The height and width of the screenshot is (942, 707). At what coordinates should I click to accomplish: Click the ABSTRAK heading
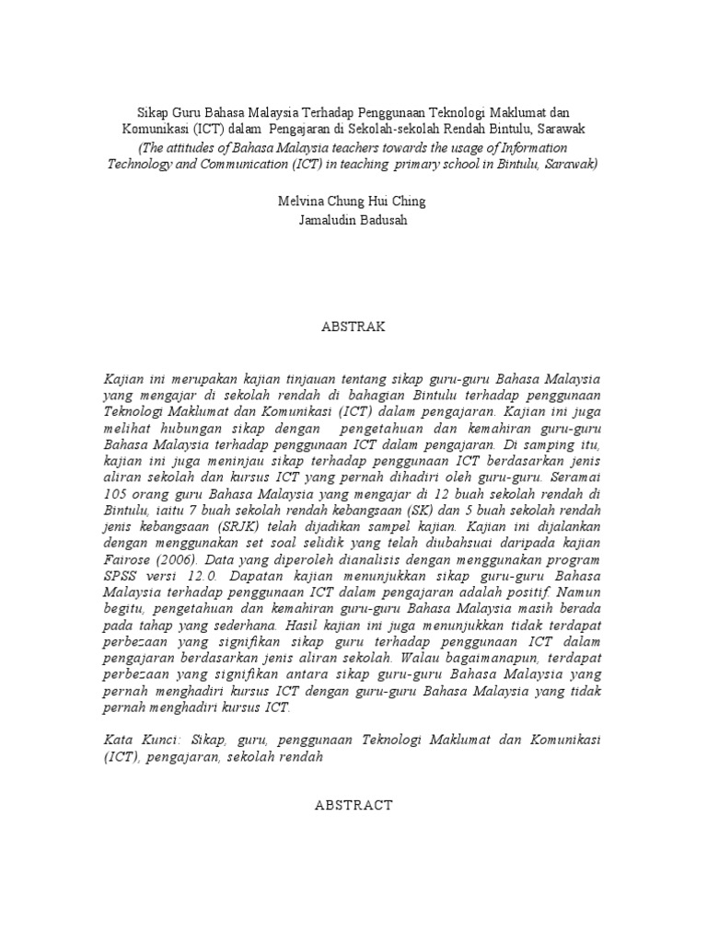point(353,327)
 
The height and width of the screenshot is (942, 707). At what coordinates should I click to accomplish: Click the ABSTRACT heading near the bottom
point(353,805)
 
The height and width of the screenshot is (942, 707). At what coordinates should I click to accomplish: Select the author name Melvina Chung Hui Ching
point(353,201)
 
